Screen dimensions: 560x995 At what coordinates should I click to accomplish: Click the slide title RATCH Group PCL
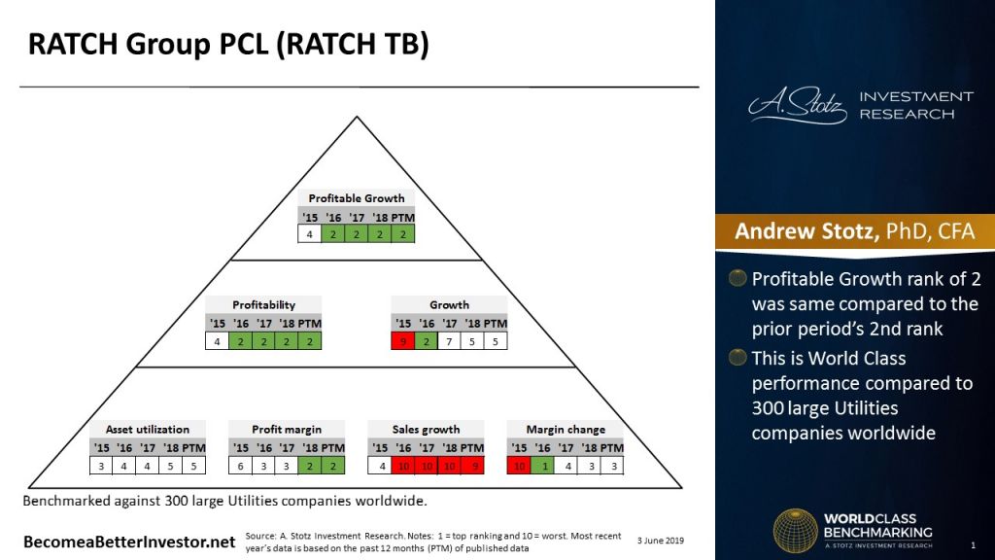227,45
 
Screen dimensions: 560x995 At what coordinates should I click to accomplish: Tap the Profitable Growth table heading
357,198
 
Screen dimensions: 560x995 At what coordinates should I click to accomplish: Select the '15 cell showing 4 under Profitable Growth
310,234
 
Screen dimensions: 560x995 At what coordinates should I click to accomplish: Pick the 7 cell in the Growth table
449,341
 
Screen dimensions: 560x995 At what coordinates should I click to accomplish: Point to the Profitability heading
263,304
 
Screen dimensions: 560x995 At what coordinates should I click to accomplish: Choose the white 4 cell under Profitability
217,341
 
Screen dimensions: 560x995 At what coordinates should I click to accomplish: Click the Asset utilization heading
148,429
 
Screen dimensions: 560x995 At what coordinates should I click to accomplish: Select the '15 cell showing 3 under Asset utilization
101,466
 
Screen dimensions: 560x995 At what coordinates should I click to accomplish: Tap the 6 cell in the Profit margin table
240,466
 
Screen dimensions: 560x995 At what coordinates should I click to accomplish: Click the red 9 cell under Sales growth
472,466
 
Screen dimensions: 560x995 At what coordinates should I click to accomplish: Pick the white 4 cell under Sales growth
380,466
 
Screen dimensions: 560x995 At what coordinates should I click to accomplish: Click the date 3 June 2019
661,539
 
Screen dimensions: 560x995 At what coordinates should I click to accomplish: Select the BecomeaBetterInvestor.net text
129,541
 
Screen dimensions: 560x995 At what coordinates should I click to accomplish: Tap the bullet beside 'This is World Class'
739,358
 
